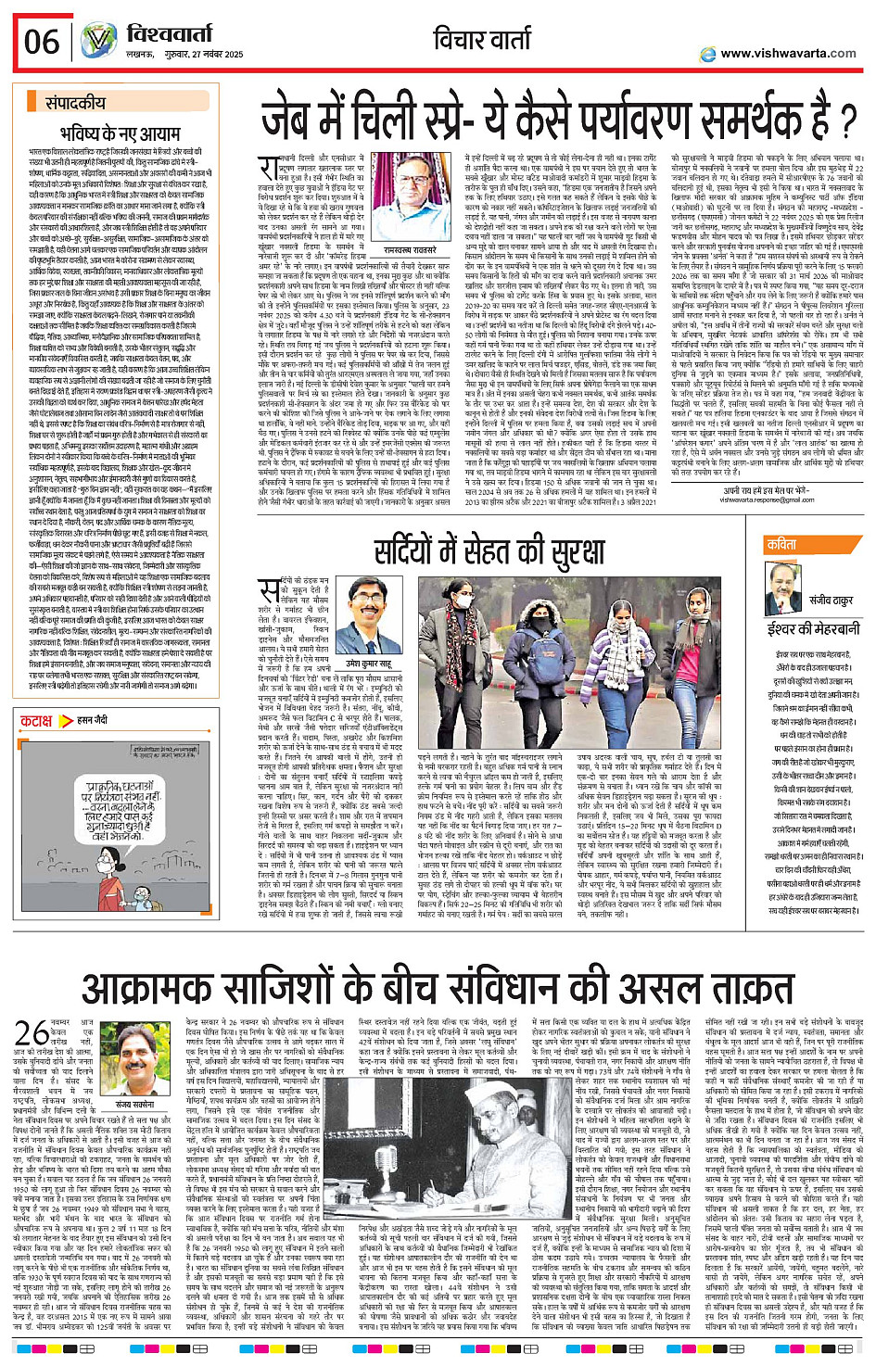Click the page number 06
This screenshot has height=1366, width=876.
42,42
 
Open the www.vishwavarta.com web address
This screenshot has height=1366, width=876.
788,54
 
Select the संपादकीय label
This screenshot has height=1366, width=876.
76,104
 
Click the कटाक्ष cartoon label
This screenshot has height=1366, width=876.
37,720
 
